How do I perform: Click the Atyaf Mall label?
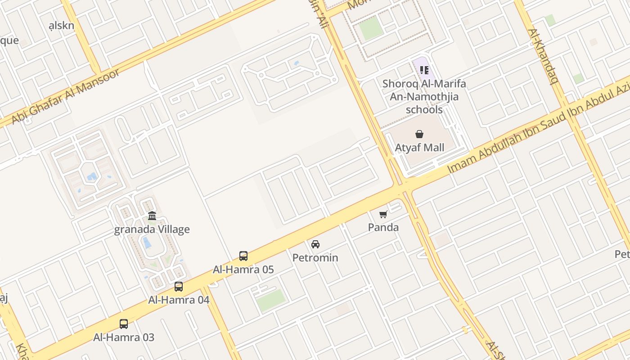(x=419, y=148)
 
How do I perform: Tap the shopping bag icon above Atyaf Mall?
(x=419, y=134)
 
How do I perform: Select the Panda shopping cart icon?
(x=383, y=215)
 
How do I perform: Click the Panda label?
(x=383, y=227)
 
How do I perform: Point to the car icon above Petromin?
(x=315, y=244)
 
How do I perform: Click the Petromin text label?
(x=315, y=258)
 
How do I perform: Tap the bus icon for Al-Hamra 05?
(x=243, y=256)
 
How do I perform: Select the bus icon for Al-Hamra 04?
(x=179, y=287)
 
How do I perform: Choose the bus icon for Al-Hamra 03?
(x=124, y=324)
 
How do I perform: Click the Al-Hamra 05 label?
(x=243, y=270)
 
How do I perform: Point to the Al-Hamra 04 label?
(x=179, y=300)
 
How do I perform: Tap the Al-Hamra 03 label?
(x=124, y=337)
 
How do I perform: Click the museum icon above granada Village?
(x=152, y=216)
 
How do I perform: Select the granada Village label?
(x=152, y=229)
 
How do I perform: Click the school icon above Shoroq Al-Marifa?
(x=424, y=70)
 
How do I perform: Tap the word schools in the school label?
(x=424, y=110)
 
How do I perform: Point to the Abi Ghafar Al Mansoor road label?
(x=66, y=97)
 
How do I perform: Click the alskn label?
(x=61, y=26)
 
